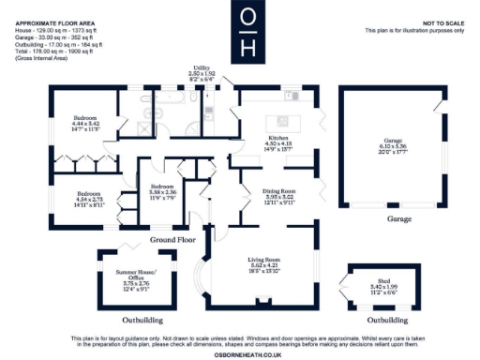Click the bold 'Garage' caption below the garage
pyautogui.click(x=387, y=218)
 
